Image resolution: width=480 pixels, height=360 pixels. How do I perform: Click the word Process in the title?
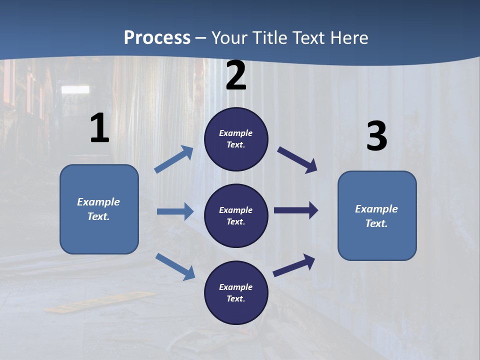pos(157,37)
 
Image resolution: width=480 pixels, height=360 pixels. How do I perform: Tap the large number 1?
pos(99,128)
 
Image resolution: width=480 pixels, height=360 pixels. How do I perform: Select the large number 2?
pos(236,75)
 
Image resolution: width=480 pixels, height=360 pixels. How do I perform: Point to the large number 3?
pos(376,136)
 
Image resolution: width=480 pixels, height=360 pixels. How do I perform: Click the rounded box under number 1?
pos(99,209)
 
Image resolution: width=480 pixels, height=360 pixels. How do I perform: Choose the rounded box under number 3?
pos(377,215)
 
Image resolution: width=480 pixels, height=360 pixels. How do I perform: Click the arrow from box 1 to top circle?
pos(174,159)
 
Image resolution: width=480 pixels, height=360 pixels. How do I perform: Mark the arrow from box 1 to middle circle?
pos(175,211)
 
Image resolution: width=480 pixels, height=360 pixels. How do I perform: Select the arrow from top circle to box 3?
pos(297,159)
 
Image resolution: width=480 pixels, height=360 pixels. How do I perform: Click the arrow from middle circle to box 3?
pos(296,210)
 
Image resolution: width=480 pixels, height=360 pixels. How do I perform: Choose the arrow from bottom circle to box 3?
pos(294,265)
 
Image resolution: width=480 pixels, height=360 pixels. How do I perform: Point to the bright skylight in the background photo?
pos(75,89)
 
